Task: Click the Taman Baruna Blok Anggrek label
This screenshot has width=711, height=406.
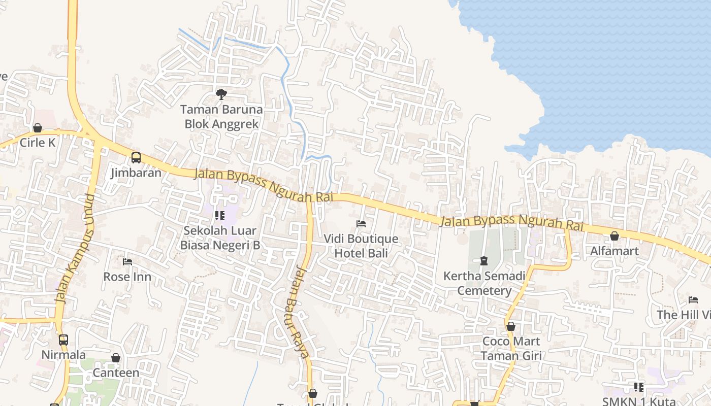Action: (x=221, y=117)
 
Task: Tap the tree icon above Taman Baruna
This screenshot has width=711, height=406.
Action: (x=221, y=94)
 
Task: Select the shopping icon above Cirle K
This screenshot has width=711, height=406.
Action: (x=37, y=128)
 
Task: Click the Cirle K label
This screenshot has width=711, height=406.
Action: (x=37, y=143)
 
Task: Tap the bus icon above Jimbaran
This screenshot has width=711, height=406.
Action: (x=136, y=158)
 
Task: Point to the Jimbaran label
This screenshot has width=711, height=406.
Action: (x=136, y=173)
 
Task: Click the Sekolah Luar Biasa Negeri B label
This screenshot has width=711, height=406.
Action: (x=220, y=238)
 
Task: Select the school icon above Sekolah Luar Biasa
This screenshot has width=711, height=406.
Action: (x=220, y=216)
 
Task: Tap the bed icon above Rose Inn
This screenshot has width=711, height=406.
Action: (x=127, y=262)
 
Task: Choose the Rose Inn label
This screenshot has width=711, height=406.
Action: (x=127, y=277)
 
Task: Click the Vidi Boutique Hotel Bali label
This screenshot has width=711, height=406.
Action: (x=361, y=246)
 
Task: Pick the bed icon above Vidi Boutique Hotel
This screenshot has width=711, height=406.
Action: (x=361, y=223)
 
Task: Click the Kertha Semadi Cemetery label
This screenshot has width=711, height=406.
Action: (x=484, y=283)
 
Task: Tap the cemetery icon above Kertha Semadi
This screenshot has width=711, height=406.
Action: (x=484, y=261)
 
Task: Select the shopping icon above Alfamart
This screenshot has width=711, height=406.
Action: (x=615, y=236)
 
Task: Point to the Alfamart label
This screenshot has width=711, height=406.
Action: (x=615, y=251)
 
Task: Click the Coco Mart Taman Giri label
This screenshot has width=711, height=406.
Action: (x=511, y=348)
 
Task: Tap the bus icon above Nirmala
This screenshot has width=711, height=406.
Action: (x=63, y=340)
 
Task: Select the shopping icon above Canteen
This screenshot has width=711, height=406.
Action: (x=116, y=358)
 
